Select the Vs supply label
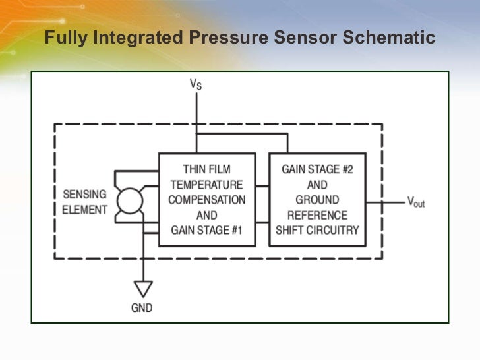196,84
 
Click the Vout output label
415,202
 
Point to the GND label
143,307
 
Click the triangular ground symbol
143,287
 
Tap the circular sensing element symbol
129,201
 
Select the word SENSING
84,195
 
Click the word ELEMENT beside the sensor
84,210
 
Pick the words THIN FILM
206,169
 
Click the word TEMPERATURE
206,185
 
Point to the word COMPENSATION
206,200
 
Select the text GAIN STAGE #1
206,230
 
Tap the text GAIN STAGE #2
317,169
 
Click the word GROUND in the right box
317,200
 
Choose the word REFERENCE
317,215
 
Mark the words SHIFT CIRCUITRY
317,230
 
